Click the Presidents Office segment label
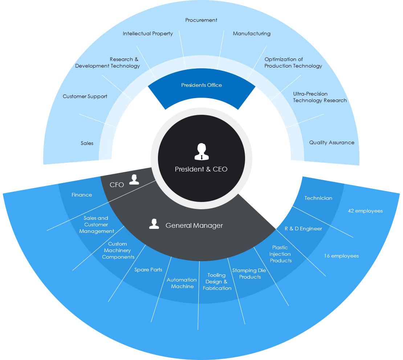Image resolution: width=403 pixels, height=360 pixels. click(201, 85)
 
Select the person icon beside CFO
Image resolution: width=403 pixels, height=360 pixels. click(134, 179)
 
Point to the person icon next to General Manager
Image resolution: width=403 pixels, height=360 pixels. click(154, 224)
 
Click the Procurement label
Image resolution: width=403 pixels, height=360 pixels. click(201, 20)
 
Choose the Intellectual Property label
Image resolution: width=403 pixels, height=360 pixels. click(148, 34)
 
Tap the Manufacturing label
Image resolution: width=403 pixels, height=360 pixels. click(252, 34)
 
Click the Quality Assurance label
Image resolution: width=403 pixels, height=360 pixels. click(331, 143)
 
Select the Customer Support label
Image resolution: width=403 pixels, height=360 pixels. click(85, 97)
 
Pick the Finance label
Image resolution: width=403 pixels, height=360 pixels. click(82, 195)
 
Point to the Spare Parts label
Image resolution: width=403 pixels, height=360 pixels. click(148, 270)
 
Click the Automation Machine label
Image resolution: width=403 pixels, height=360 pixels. click(182, 283)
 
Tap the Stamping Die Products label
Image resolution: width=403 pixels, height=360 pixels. click(249, 274)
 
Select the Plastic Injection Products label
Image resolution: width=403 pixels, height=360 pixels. click(280, 254)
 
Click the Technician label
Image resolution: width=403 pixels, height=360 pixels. click(318, 198)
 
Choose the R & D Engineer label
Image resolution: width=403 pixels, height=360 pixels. click(304, 229)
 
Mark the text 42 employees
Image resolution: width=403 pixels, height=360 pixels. click(365, 211)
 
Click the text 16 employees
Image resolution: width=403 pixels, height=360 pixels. click(341, 256)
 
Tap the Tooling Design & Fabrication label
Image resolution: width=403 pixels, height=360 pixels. click(217, 282)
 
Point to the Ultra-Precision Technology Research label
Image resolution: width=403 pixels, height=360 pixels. click(320, 97)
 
